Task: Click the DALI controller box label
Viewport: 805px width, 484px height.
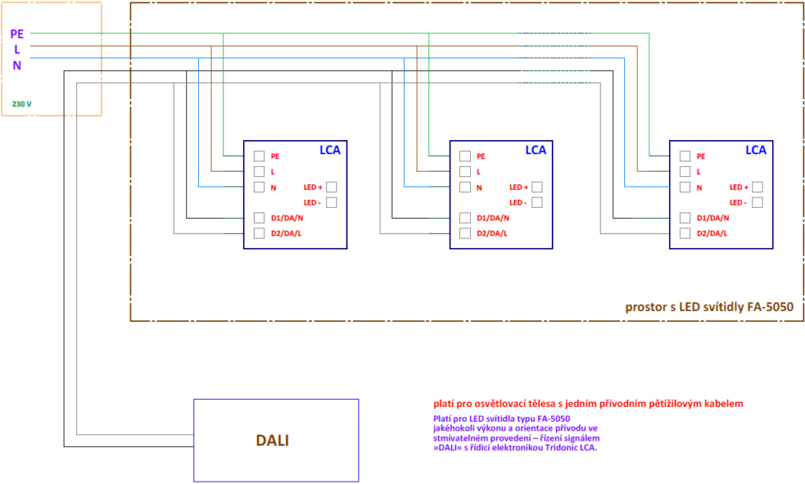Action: [272, 441]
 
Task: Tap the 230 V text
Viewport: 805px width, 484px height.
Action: [22, 104]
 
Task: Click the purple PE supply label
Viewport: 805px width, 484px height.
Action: [17, 34]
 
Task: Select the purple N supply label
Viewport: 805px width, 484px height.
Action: [17, 66]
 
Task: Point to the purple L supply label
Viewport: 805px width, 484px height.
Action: [17, 50]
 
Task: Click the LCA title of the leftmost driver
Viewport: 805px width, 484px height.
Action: [329, 150]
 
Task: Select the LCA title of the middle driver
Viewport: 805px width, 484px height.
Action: [535, 150]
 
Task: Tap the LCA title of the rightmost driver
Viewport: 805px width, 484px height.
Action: [755, 150]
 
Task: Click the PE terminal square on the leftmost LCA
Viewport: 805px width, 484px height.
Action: [259, 156]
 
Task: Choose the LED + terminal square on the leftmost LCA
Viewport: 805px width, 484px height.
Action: [332, 187]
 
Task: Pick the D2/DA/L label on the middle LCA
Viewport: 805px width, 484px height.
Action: [492, 234]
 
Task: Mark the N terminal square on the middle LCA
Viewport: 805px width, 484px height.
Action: [465, 187]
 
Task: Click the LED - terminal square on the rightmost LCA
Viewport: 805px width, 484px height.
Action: [757, 202]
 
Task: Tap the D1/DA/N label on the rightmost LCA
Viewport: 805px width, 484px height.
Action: [712, 218]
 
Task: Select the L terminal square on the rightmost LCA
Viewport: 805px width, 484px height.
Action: [685, 172]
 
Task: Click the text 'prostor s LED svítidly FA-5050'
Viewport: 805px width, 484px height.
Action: [709, 307]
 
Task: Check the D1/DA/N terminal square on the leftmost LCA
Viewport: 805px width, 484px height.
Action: [259, 218]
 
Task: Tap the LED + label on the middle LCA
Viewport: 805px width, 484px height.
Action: [519, 187]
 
